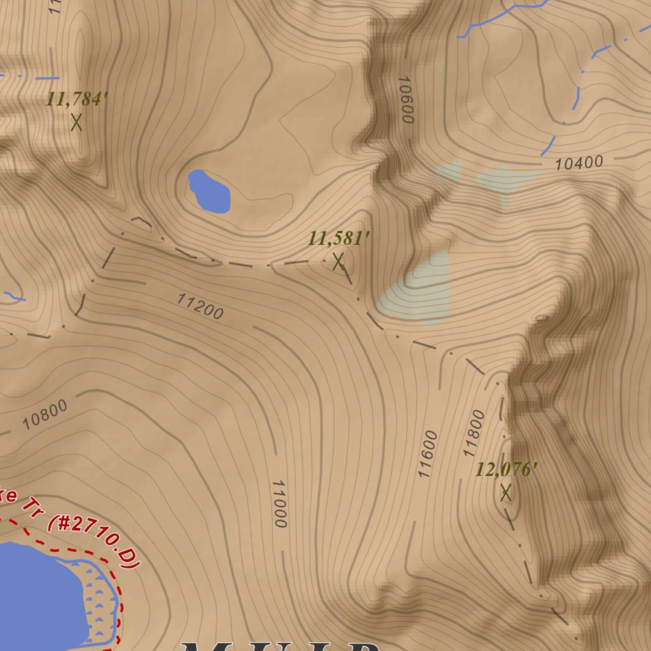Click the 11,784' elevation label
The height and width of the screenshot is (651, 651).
[x=77, y=100]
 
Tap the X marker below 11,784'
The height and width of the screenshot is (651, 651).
[x=77, y=121]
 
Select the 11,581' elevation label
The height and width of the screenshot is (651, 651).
[x=339, y=239]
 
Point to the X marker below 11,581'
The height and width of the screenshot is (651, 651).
[x=338, y=261]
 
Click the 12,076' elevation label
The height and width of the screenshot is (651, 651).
[x=507, y=470]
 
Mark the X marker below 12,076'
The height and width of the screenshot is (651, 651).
[x=506, y=492]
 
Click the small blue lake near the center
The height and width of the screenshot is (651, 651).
[x=209, y=191]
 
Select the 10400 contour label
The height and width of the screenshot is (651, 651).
[x=579, y=163]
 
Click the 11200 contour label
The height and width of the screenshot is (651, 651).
[x=200, y=306]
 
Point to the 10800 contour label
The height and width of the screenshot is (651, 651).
[x=45, y=414]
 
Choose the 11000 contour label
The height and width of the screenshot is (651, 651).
[x=280, y=504]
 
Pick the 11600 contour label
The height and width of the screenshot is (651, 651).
[x=428, y=454]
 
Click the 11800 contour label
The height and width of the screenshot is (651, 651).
[x=474, y=434]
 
